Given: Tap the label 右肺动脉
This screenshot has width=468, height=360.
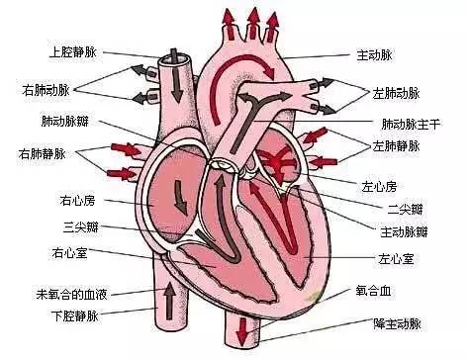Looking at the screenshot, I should [46, 90].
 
